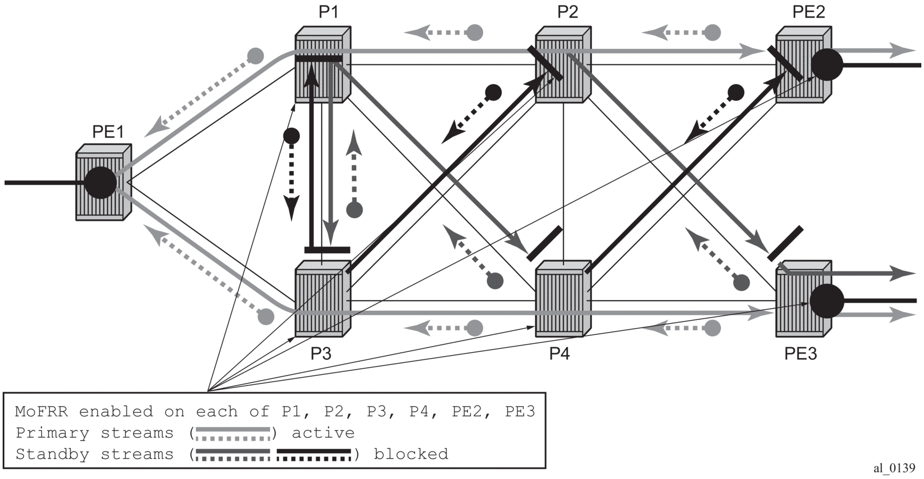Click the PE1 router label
pyautogui.click(x=108, y=131)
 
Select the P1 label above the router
pyautogui.click(x=329, y=12)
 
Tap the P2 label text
pyautogui.click(x=567, y=12)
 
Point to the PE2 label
pyautogui.click(x=808, y=12)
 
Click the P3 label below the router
pyautogui.click(x=321, y=353)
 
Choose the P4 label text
pyautogui.click(x=559, y=353)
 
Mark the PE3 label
pyautogui.click(x=800, y=353)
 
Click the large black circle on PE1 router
pyautogui.click(x=100, y=183)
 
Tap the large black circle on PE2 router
pyautogui.click(x=827, y=65)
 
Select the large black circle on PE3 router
pyautogui.click(x=827, y=301)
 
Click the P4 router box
pyautogui.click(x=562, y=299)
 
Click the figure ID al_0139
pyautogui.click(x=894, y=468)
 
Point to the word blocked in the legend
pyautogui.click(x=410, y=455)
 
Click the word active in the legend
pyautogui.click(x=323, y=433)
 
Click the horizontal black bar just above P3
pyautogui.click(x=327, y=250)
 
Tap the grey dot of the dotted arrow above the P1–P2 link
pyautogui.click(x=474, y=32)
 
